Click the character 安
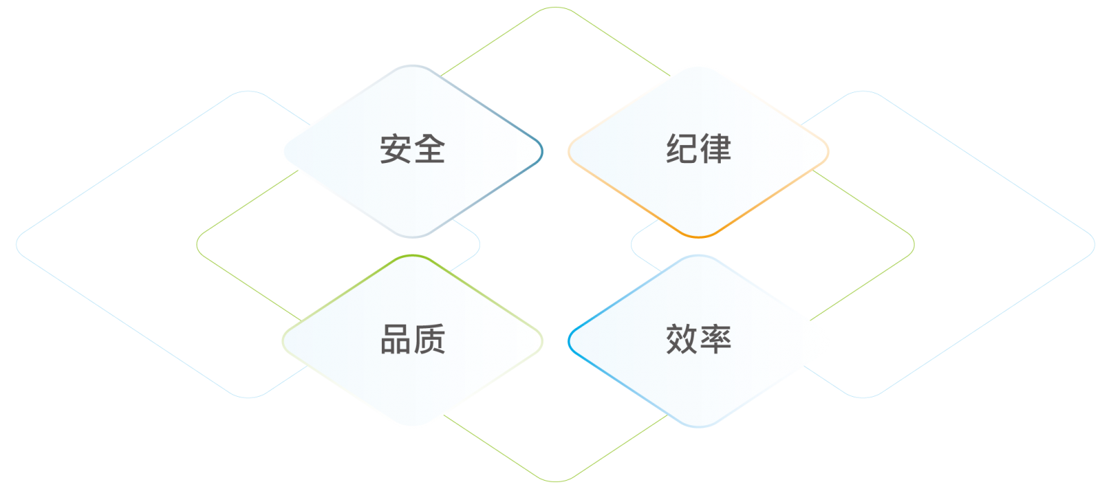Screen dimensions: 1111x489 click(x=395, y=148)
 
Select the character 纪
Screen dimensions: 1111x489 click(x=681, y=148)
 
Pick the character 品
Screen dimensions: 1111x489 click(x=395, y=339)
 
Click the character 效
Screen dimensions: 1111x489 click(x=681, y=339)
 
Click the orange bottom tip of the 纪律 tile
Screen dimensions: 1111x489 click(x=699, y=237)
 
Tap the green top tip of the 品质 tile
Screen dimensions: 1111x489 click(x=412, y=256)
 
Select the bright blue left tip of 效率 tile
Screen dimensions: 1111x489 click(x=569, y=341)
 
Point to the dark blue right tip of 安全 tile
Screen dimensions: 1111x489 click(x=542, y=151)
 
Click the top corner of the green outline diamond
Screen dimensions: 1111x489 click(x=555, y=8)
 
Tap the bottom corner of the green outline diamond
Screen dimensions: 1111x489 click(x=555, y=481)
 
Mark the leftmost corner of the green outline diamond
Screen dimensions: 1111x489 click(x=197, y=244)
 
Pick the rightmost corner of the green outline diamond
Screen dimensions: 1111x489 click(x=914, y=244)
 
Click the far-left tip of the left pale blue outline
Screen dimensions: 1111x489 click(x=17, y=244)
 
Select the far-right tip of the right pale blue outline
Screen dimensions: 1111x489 click(x=1094, y=244)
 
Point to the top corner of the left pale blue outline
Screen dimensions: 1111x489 click(x=248, y=92)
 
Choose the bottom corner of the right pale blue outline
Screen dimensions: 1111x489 click(x=863, y=397)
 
